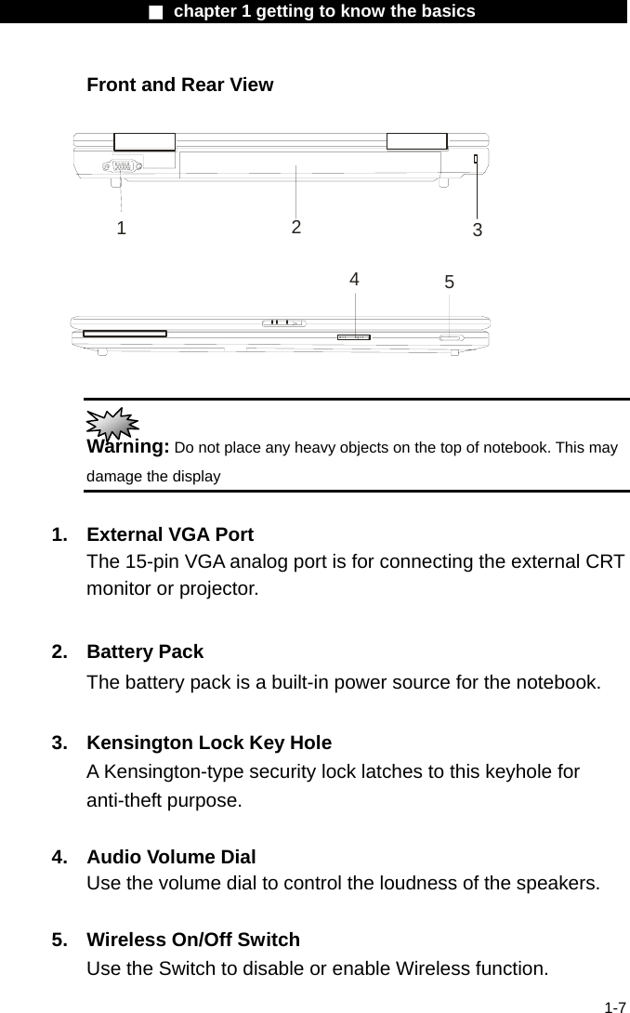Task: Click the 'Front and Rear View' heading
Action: click(179, 85)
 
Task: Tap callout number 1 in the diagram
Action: click(121, 228)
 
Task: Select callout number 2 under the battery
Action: click(295, 227)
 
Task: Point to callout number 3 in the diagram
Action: click(477, 230)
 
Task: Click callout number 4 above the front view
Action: click(354, 279)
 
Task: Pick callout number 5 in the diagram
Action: click(449, 282)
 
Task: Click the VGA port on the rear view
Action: click(120, 166)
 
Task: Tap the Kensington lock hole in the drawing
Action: click(476, 160)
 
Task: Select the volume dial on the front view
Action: click(353, 336)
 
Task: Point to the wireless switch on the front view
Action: click(450, 338)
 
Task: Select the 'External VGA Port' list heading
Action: click(169, 535)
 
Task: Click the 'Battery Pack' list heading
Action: click(144, 651)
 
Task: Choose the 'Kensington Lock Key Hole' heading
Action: click(208, 743)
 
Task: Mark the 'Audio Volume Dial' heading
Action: click(171, 857)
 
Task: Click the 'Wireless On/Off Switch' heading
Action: click(192, 940)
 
